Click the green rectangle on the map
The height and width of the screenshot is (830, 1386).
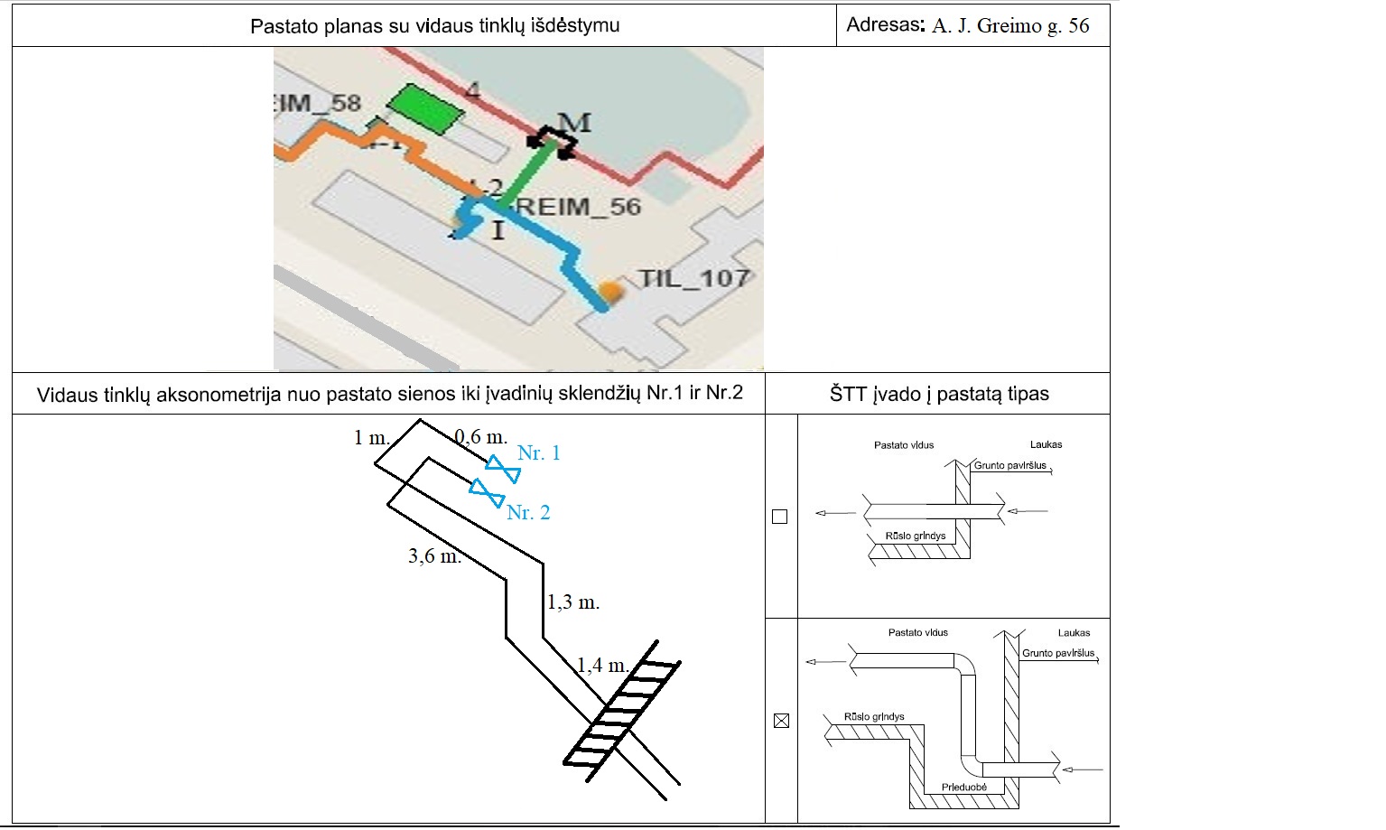(x=425, y=108)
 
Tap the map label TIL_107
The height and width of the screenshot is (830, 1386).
(x=693, y=278)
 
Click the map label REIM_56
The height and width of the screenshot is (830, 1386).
(x=578, y=207)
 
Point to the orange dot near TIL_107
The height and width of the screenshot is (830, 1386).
(x=612, y=292)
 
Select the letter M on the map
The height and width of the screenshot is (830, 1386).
(x=574, y=123)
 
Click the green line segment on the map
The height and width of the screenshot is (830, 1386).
(x=524, y=176)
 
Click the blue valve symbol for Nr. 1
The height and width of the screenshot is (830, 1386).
(x=502, y=470)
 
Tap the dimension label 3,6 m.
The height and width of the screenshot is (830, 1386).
(x=434, y=556)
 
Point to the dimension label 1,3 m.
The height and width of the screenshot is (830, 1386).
(x=573, y=602)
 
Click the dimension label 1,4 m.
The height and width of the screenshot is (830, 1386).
(x=603, y=667)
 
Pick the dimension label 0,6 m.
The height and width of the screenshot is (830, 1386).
(x=480, y=437)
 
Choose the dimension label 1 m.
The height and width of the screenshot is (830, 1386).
(x=371, y=438)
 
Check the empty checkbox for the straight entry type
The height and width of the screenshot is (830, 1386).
(x=780, y=517)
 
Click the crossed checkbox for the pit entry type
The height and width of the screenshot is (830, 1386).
(x=781, y=721)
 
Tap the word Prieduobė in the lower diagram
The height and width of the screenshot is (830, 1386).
(x=963, y=787)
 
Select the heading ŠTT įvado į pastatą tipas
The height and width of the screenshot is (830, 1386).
(x=939, y=394)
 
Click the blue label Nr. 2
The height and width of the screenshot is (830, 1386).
(x=528, y=513)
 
